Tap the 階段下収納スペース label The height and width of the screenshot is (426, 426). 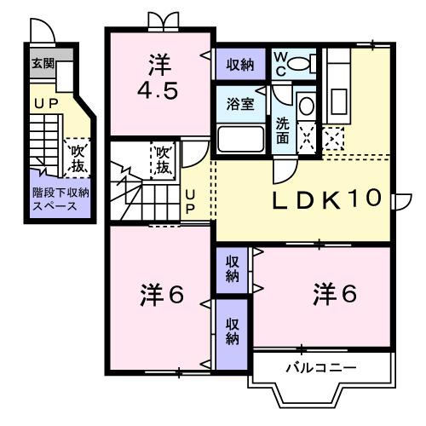coord(55,199)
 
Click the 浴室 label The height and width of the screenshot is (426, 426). coord(239,104)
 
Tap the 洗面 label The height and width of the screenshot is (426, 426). coord(282,128)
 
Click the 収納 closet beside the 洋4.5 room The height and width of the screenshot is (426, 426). coord(239,64)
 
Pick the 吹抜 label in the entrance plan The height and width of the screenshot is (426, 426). coord(78,158)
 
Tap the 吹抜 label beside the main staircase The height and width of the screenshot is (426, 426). coord(163,158)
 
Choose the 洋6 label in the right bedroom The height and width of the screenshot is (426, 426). coord(334,295)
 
